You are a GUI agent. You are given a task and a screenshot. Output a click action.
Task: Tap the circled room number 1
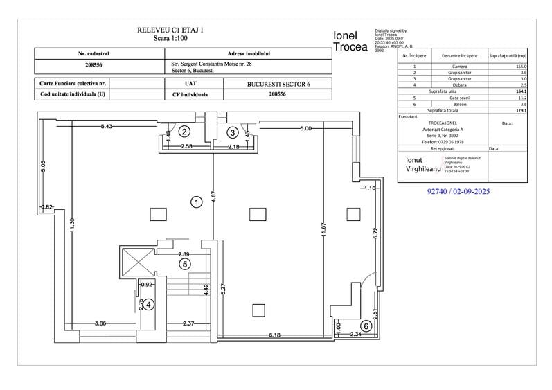click(x=196, y=202)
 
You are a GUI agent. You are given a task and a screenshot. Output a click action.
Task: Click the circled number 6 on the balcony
click(x=366, y=326)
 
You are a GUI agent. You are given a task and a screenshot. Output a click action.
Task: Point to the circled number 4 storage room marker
click(x=148, y=303)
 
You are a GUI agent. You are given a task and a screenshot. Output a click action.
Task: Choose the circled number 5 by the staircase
click(x=184, y=263)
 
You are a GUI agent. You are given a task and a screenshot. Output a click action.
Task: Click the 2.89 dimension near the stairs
click(x=184, y=254)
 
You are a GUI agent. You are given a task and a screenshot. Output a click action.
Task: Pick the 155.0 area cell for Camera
click(x=512, y=66)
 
